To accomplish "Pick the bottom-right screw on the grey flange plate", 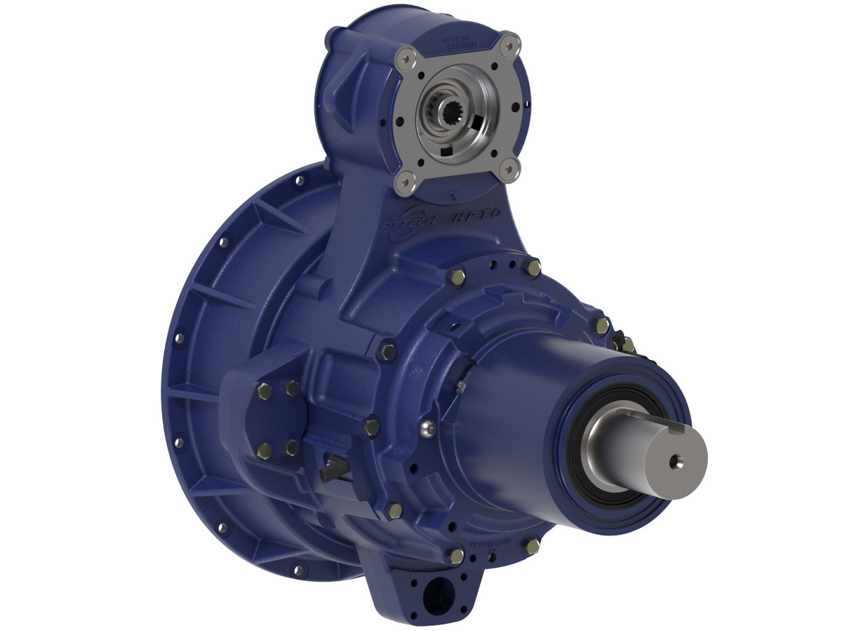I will pos(512,167).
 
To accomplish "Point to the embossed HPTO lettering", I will pos(477,217).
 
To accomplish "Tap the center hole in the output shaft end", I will pos(675,460).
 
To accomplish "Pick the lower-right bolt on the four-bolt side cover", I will pos(291,447).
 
